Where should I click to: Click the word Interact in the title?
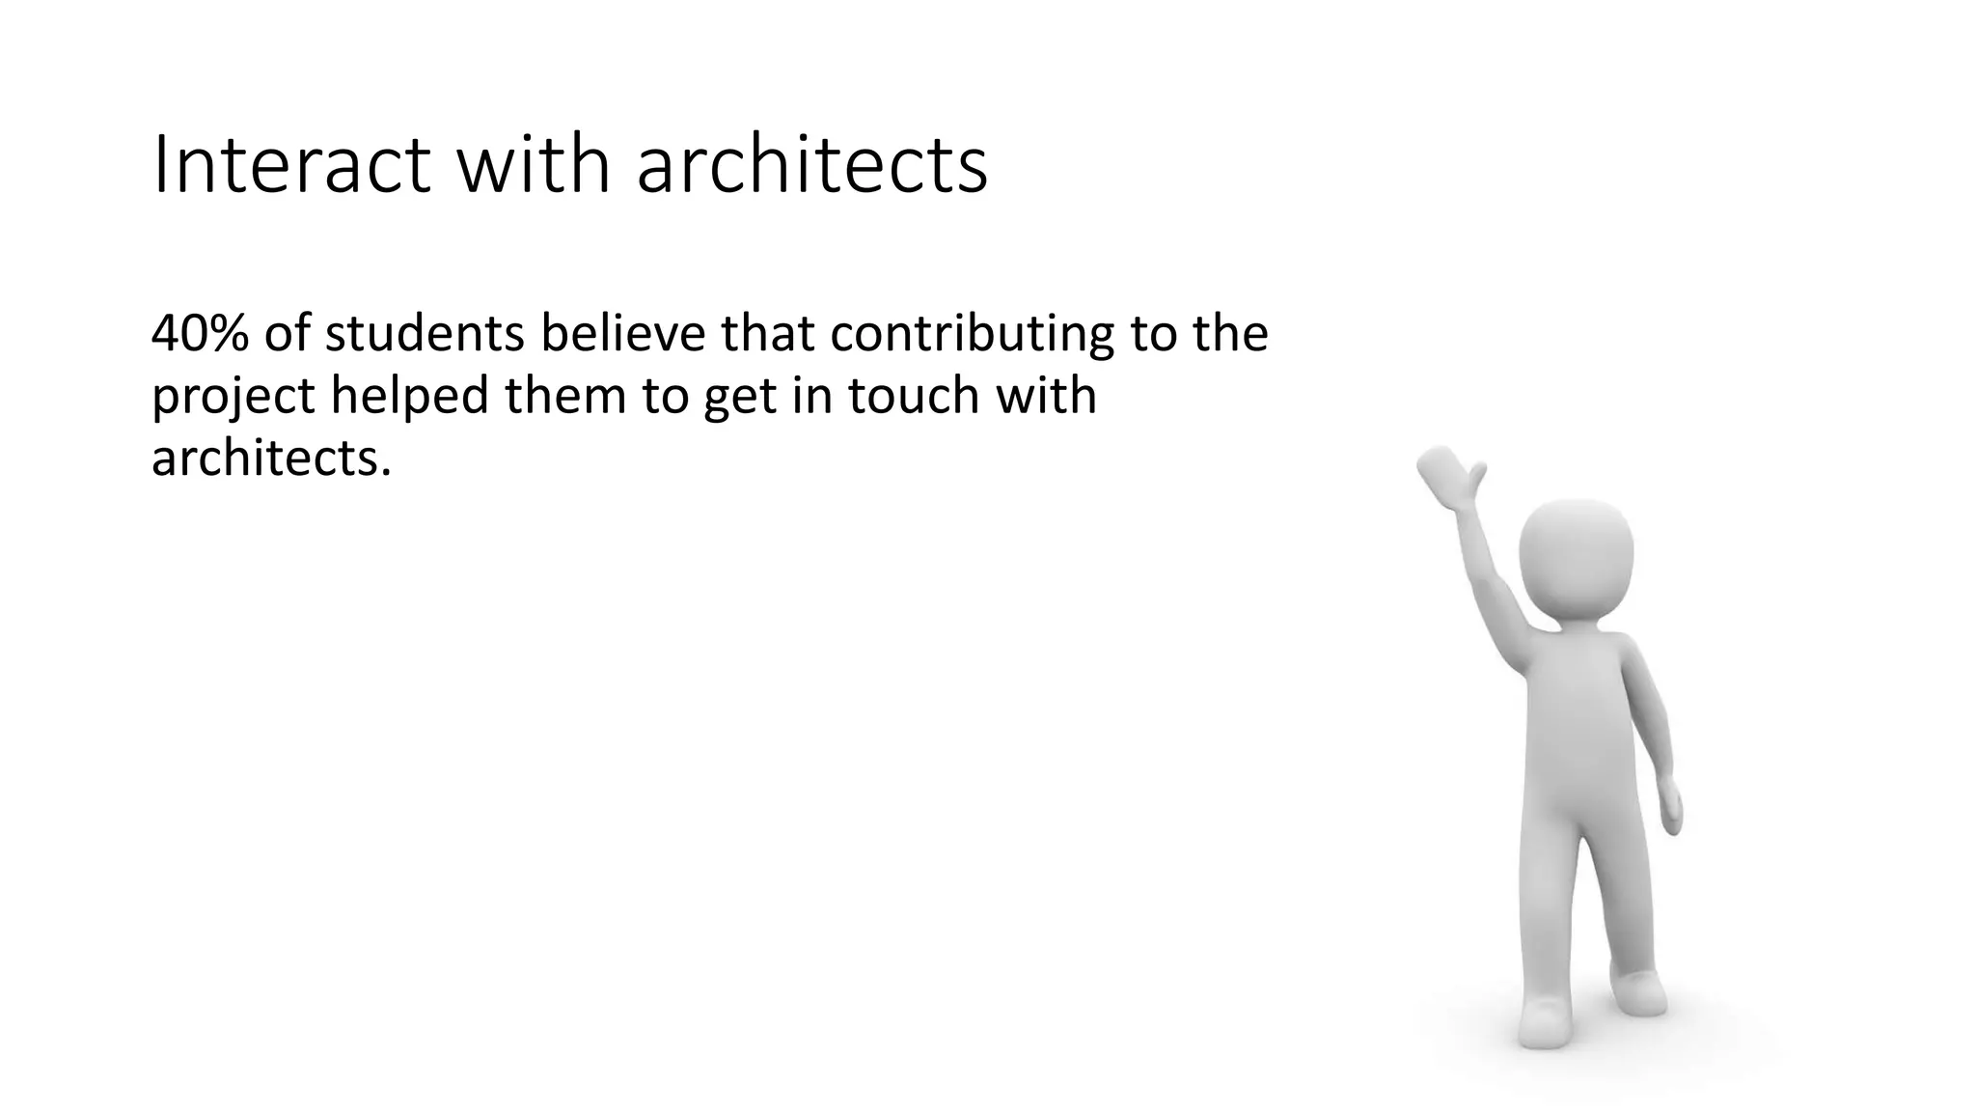290,166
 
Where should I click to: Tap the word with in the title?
533,166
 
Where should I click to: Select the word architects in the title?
811,166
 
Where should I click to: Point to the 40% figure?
200,333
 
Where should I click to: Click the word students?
425,333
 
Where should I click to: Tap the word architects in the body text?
271,458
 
